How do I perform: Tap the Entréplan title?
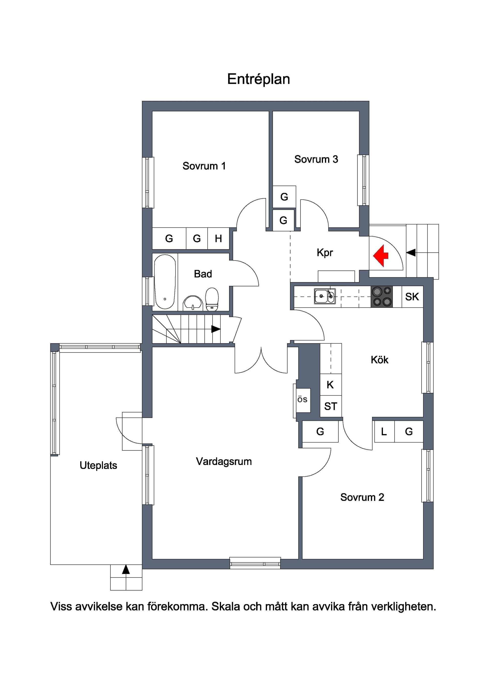[x=259, y=79]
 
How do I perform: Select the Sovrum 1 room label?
[x=204, y=166]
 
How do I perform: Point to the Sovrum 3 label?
[x=316, y=159]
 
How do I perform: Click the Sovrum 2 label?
[x=362, y=497]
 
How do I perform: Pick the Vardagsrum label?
[x=224, y=461]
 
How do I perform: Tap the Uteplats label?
[x=99, y=465]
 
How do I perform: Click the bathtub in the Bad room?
[x=165, y=282]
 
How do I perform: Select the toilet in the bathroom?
[x=212, y=299]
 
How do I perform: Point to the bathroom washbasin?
[x=193, y=303]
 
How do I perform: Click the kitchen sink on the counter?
[x=325, y=296]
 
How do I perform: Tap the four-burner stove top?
[x=381, y=296]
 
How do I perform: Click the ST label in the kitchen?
[x=331, y=406]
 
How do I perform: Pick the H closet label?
[x=218, y=238]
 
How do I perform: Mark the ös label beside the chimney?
[x=302, y=399]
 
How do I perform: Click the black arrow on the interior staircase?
[x=216, y=329]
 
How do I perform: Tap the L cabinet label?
[x=384, y=432]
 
